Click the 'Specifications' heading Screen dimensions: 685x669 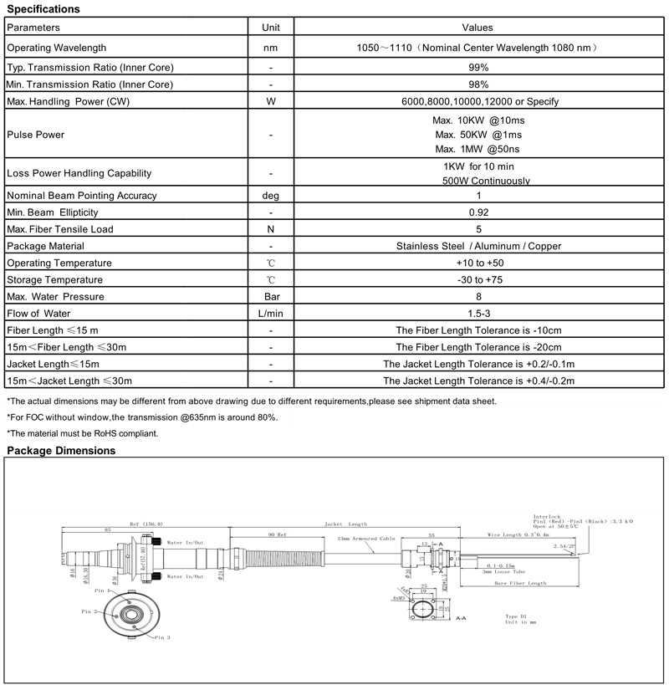click(x=43, y=9)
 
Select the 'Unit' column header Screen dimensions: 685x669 click(x=271, y=28)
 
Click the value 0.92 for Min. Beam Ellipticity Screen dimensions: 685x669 click(x=478, y=212)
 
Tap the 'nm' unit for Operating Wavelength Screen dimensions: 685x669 click(x=271, y=49)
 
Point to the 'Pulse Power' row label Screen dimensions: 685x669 click(x=35, y=135)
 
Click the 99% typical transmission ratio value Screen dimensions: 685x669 click(x=478, y=67)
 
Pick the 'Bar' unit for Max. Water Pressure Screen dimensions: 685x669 click(x=271, y=296)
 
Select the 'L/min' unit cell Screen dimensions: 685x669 click(x=271, y=314)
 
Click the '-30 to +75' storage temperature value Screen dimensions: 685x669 click(x=478, y=279)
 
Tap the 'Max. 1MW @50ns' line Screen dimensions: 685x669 click(x=479, y=149)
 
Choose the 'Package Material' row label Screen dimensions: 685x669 click(x=47, y=246)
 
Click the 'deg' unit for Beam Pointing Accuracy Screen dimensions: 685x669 click(x=271, y=196)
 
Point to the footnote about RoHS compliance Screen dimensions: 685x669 click(x=82, y=432)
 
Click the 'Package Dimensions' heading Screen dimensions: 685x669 click(x=61, y=451)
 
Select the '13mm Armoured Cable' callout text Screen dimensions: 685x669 click(x=365, y=539)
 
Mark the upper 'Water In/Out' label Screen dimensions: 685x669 click(x=186, y=543)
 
